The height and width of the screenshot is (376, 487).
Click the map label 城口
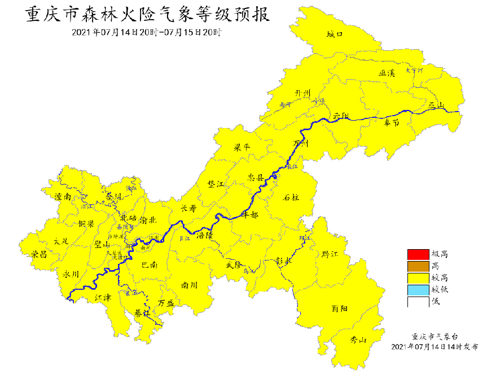335,34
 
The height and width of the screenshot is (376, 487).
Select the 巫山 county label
436,105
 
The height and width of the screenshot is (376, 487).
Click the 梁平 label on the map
242,147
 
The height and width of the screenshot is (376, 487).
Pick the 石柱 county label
291,197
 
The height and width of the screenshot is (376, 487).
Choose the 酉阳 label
340,308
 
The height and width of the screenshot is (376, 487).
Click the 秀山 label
358,340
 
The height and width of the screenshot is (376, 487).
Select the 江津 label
103,297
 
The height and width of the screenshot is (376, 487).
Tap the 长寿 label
188,208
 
